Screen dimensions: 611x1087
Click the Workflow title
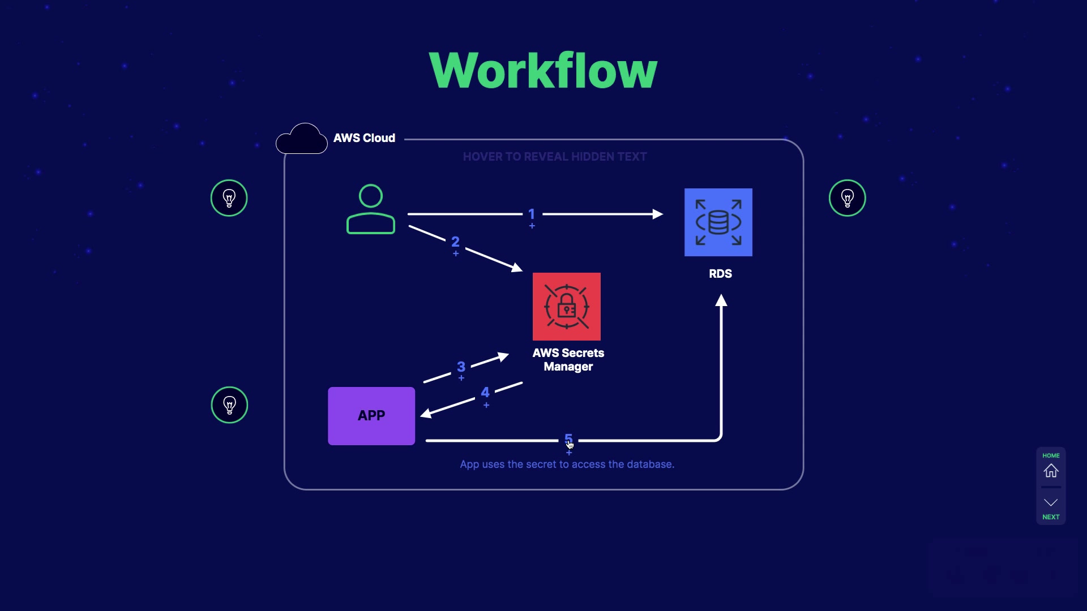[x=543, y=71]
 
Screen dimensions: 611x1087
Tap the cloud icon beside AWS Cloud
[x=302, y=139]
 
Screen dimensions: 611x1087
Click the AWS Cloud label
[x=364, y=138]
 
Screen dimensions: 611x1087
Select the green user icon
[x=371, y=209]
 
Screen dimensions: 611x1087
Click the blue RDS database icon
[x=718, y=222]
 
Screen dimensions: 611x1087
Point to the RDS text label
[x=720, y=274]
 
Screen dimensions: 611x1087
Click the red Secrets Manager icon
[x=566, y=307]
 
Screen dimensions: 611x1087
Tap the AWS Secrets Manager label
[x=568, y=360]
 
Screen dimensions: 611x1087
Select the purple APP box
[x=371, y=416]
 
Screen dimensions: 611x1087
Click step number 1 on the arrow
[x=532, y=214]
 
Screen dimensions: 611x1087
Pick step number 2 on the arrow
[x=455, y=242]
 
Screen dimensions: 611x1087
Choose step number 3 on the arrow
[x=461, y=367]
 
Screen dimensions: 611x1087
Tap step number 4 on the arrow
[x=485, y=393]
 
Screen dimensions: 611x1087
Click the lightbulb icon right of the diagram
[x=847, y=198]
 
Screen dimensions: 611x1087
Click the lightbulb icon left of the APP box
[x=229, y=405]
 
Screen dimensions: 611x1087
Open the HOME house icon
[x=1051, y=471]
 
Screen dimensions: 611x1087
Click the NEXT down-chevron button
[x=1051, y=503]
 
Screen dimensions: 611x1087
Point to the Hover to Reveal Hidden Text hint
[x=554, y=157]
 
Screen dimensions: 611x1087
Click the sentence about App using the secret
[x=567, y=464]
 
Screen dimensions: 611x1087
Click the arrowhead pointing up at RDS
[x=721, y=300]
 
